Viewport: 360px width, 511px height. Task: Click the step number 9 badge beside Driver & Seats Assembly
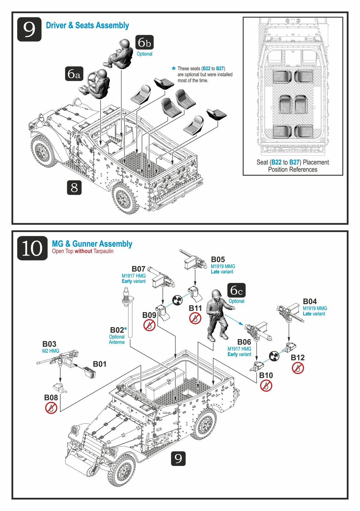29,29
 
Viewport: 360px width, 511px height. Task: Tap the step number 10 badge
32,248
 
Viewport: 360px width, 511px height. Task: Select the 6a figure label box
74,74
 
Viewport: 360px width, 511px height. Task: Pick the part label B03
49,344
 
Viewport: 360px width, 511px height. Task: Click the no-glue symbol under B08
51,408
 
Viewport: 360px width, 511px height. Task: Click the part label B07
139,269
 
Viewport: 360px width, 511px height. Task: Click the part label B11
195,308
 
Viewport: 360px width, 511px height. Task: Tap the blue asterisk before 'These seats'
173,69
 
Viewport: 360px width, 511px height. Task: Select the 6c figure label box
236,290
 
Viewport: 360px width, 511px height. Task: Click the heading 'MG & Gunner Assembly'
92,244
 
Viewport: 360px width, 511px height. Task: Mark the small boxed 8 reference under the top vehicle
74,188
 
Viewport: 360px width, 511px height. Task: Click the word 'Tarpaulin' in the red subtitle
103,251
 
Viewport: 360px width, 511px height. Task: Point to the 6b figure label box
145,43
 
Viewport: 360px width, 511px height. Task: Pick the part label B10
266,375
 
